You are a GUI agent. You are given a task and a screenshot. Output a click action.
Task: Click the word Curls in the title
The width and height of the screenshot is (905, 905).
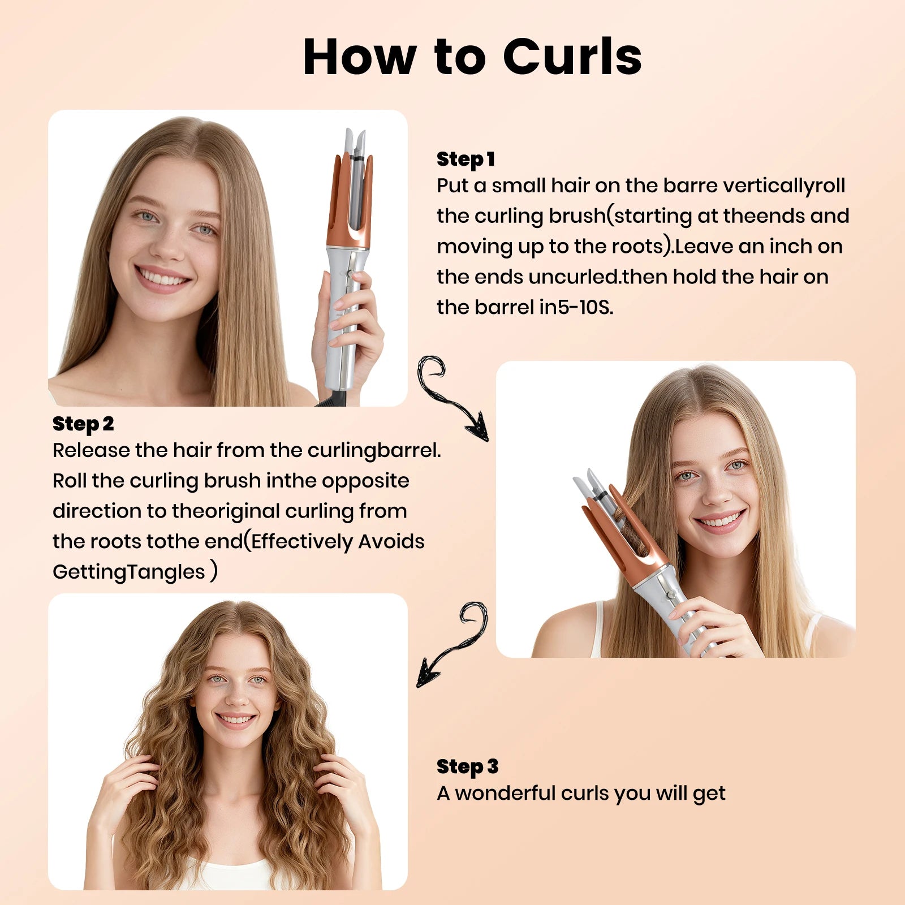pyautogui.click(x=572, y=57)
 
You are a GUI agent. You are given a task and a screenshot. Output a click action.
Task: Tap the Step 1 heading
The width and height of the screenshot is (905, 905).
pyautogui.click(x=466, y=159)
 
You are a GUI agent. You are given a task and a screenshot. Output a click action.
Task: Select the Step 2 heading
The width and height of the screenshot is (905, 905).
pyautogui.click(x=83, y=424)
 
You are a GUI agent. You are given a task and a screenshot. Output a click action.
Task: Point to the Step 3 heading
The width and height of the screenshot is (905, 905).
pyautogui.click(x=467, y=766)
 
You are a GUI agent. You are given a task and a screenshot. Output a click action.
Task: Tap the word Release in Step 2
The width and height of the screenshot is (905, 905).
pyautogui.click(x=90, y=450)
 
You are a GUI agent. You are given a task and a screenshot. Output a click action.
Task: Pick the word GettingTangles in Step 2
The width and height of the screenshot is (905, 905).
pyautogui.click(x=129, y=572)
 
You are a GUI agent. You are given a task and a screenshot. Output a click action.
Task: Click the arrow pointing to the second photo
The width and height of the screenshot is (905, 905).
pyautogui.click(x=447, y=396)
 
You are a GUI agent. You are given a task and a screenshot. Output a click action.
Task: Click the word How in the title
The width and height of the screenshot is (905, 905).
pyautogui.click(x=359, y=57)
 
